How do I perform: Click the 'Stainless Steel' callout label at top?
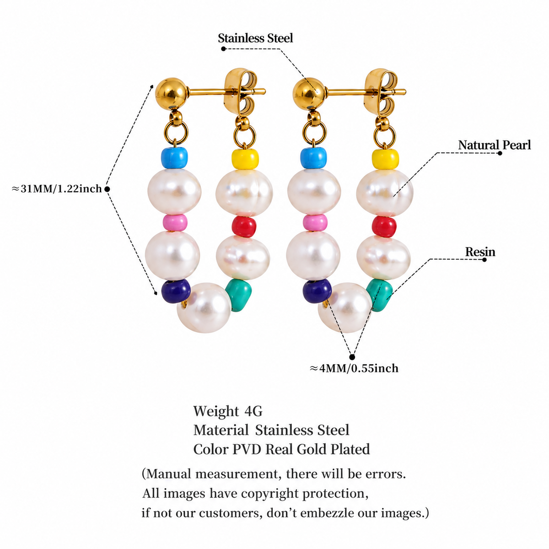click(255, 38)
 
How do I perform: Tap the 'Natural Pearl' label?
click(494, 145)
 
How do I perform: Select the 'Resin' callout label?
click(480, 252)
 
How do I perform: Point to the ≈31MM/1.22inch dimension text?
click(57, 188)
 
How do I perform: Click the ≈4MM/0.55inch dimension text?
click(354, 368)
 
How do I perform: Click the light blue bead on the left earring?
click(174, 158)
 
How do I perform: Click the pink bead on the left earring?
click(175, 222)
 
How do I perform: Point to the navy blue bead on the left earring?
click(176, 291)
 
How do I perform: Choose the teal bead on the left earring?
click(239, 296)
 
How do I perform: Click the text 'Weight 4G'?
click(228, 411)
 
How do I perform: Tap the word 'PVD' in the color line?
click(247, 449)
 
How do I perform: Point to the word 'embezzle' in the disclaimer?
click(324, 513)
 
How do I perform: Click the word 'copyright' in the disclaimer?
click(270, 494)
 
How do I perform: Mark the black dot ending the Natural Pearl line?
click(500, 153)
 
